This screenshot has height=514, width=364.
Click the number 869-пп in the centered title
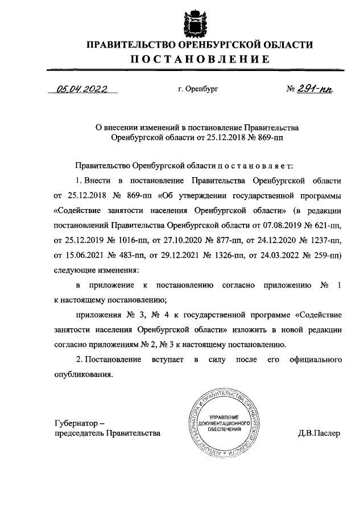pyautogui.click(x=258, y=137)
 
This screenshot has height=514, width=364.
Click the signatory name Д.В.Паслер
pyautogui.click(x=318, y=434)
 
